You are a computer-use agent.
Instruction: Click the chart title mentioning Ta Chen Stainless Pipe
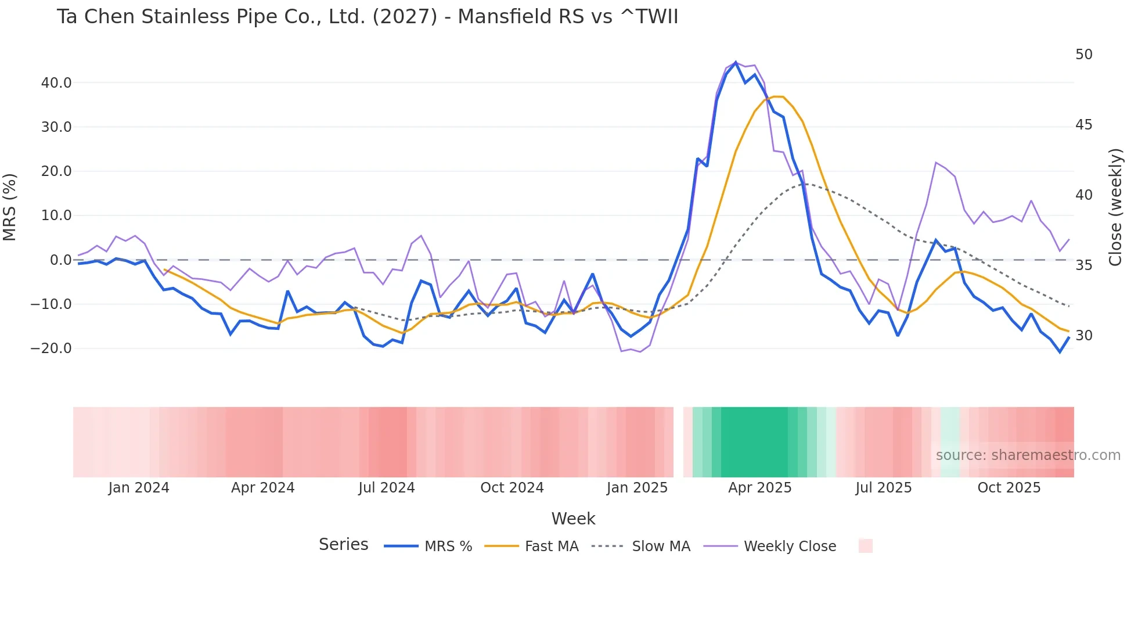pyautogui.click(x=367, y=17)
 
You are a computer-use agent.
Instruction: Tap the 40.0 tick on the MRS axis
pyautogui.click(x=56, y=83)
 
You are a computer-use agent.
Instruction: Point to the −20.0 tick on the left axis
pyautogui.click(x=51, y=348)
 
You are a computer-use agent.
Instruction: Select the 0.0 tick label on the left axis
pyautogui.click(x=60, y=260)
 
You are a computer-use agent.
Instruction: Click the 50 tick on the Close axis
pyautogui.click(x=1083, y=55)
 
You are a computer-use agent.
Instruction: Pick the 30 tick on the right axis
pyautogui.click(x=1083, y=336)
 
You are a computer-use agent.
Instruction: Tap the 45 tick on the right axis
pyautogui.click(x=1083, y=125)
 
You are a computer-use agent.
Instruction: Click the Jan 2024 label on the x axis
pyautogui.click(x=139, y=488)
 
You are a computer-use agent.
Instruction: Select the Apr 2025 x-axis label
pyautogui.click(x=759, y=488)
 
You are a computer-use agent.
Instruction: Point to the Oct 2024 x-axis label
pyautogui.click(x=512, y=488)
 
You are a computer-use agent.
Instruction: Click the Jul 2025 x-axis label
pyautogui.click(x=883, y=488)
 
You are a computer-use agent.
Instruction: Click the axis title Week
pyautogui.click(x=573, y=519)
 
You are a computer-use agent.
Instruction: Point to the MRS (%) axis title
pyautogui.click(x=10, y=207)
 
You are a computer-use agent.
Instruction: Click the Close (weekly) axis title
pyautogui.click(x=1115, y=207)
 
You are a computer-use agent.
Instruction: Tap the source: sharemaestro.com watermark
pyautogui.click(x=1028, y=455)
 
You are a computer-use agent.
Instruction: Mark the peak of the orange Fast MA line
pyautogui.click(x=778, y=96)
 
